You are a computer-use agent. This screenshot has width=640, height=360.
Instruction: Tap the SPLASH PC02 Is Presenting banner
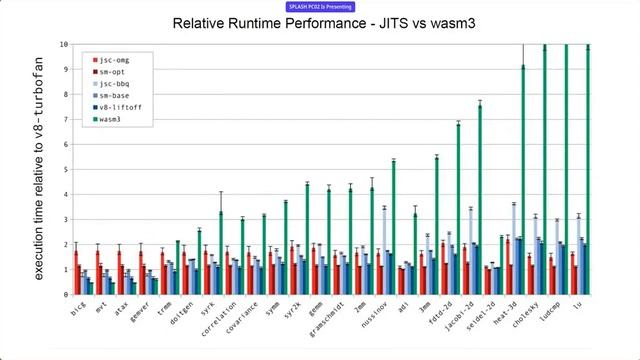click(x=319, y=6)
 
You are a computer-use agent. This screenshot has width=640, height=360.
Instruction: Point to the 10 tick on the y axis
click(x=63, y=45)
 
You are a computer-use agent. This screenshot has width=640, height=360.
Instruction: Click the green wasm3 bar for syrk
click(x=221, y=252)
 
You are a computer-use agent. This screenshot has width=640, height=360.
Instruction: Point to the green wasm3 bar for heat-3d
click(x=522, y=180)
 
